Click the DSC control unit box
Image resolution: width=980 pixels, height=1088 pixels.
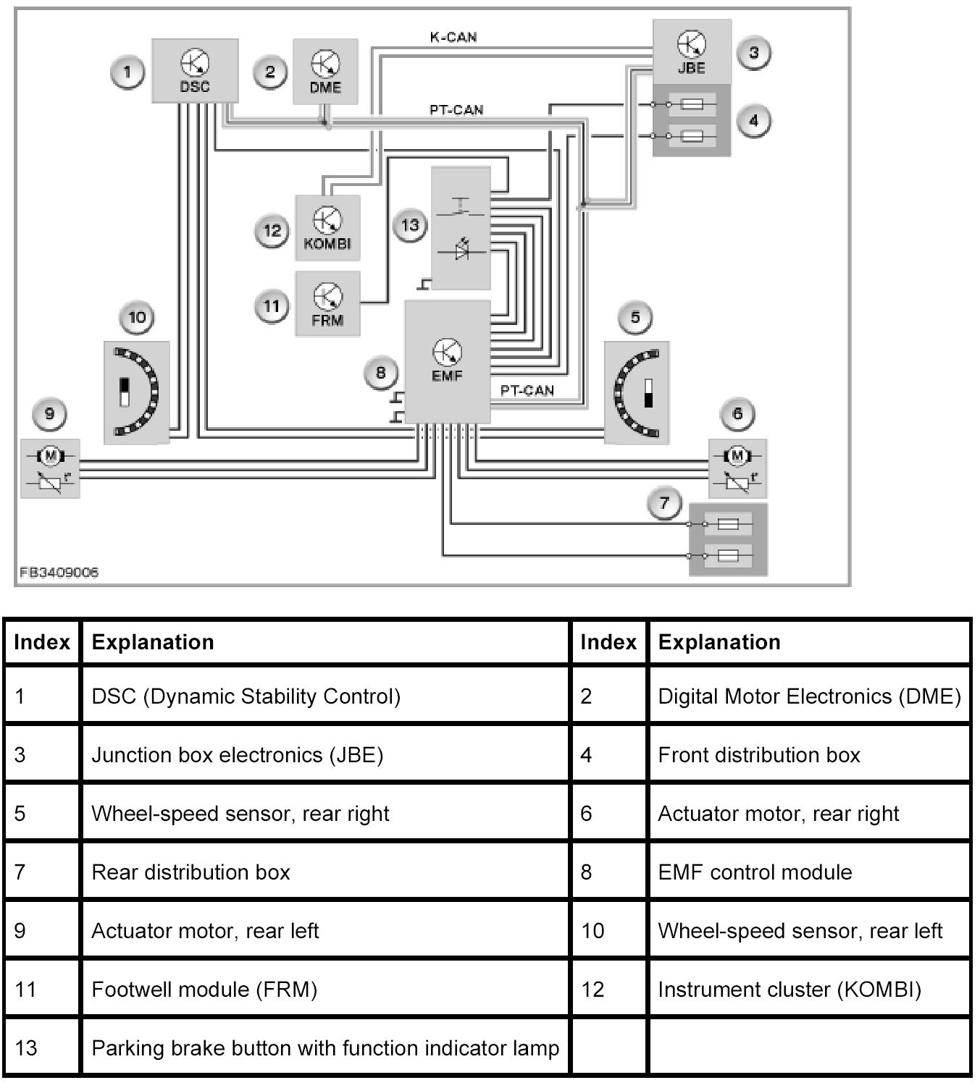coord(194,71)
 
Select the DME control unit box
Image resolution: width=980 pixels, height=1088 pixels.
coord(325,72)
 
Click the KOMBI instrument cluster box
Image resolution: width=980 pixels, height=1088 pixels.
coord(327,227)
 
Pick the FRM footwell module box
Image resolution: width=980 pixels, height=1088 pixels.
coord(327,304)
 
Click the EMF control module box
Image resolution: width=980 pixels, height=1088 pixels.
coord(447,362)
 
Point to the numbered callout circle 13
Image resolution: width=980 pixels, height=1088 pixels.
coord(410,225)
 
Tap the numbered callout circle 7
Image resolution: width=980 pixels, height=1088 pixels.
coord(665,502)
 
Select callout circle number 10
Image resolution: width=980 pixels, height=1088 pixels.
coord(137,317)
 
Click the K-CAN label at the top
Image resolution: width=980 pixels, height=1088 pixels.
coord(453,37)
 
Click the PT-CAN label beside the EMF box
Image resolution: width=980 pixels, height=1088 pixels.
coord(527,390)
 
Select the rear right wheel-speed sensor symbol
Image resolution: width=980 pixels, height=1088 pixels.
coord(637,392)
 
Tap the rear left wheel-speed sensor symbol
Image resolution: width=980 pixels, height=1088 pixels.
coord(137,392)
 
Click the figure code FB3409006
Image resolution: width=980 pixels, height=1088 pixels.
coord(59,572)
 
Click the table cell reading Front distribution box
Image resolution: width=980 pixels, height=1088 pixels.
coord(758,755)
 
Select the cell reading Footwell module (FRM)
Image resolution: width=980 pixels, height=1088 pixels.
coord(204,990)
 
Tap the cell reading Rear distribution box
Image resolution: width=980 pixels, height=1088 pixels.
coord(190,872)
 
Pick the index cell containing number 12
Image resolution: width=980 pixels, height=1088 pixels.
coord(592,990)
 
